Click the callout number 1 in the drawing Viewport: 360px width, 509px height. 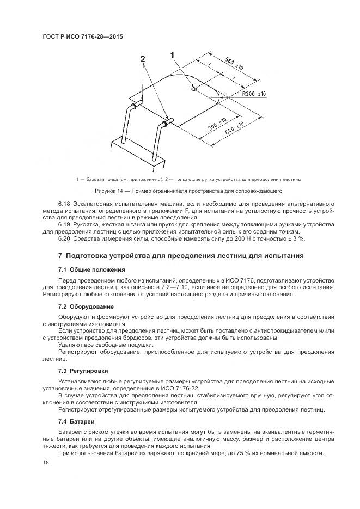(x=173, y=54)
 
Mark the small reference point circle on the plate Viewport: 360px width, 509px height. (x=194, y=90)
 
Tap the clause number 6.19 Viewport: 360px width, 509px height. (x=64, y=224)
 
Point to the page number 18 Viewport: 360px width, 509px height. (x=45, y=464)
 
